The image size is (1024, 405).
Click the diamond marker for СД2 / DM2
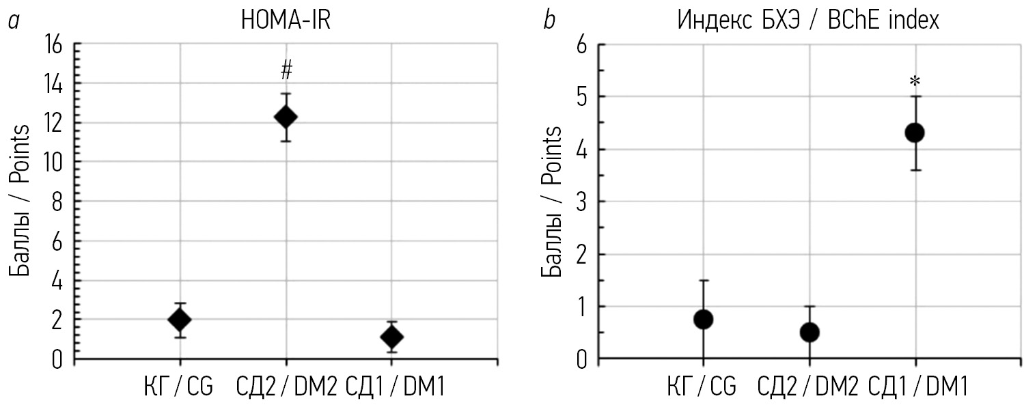point(286,117)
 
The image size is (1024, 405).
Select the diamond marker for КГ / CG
point(180,320)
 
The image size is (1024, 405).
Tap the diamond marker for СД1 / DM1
point(391,337)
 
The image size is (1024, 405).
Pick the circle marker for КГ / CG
point(703,319)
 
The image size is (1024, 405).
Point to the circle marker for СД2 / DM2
point(809,333)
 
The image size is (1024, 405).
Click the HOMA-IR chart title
point(286,21)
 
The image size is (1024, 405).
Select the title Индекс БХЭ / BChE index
point(808,21)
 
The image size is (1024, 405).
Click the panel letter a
point(12,22)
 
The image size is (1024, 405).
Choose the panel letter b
point(549,21)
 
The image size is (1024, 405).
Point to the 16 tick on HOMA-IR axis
point(53,45)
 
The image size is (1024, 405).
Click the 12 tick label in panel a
point(53,124)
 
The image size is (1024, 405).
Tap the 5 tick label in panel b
point(581,97)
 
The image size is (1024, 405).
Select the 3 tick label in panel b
point(581,202)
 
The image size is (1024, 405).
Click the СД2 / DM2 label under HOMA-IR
point(286,387)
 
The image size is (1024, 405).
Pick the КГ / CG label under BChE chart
point(702,387)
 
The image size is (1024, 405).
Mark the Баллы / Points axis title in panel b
point(552,201)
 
